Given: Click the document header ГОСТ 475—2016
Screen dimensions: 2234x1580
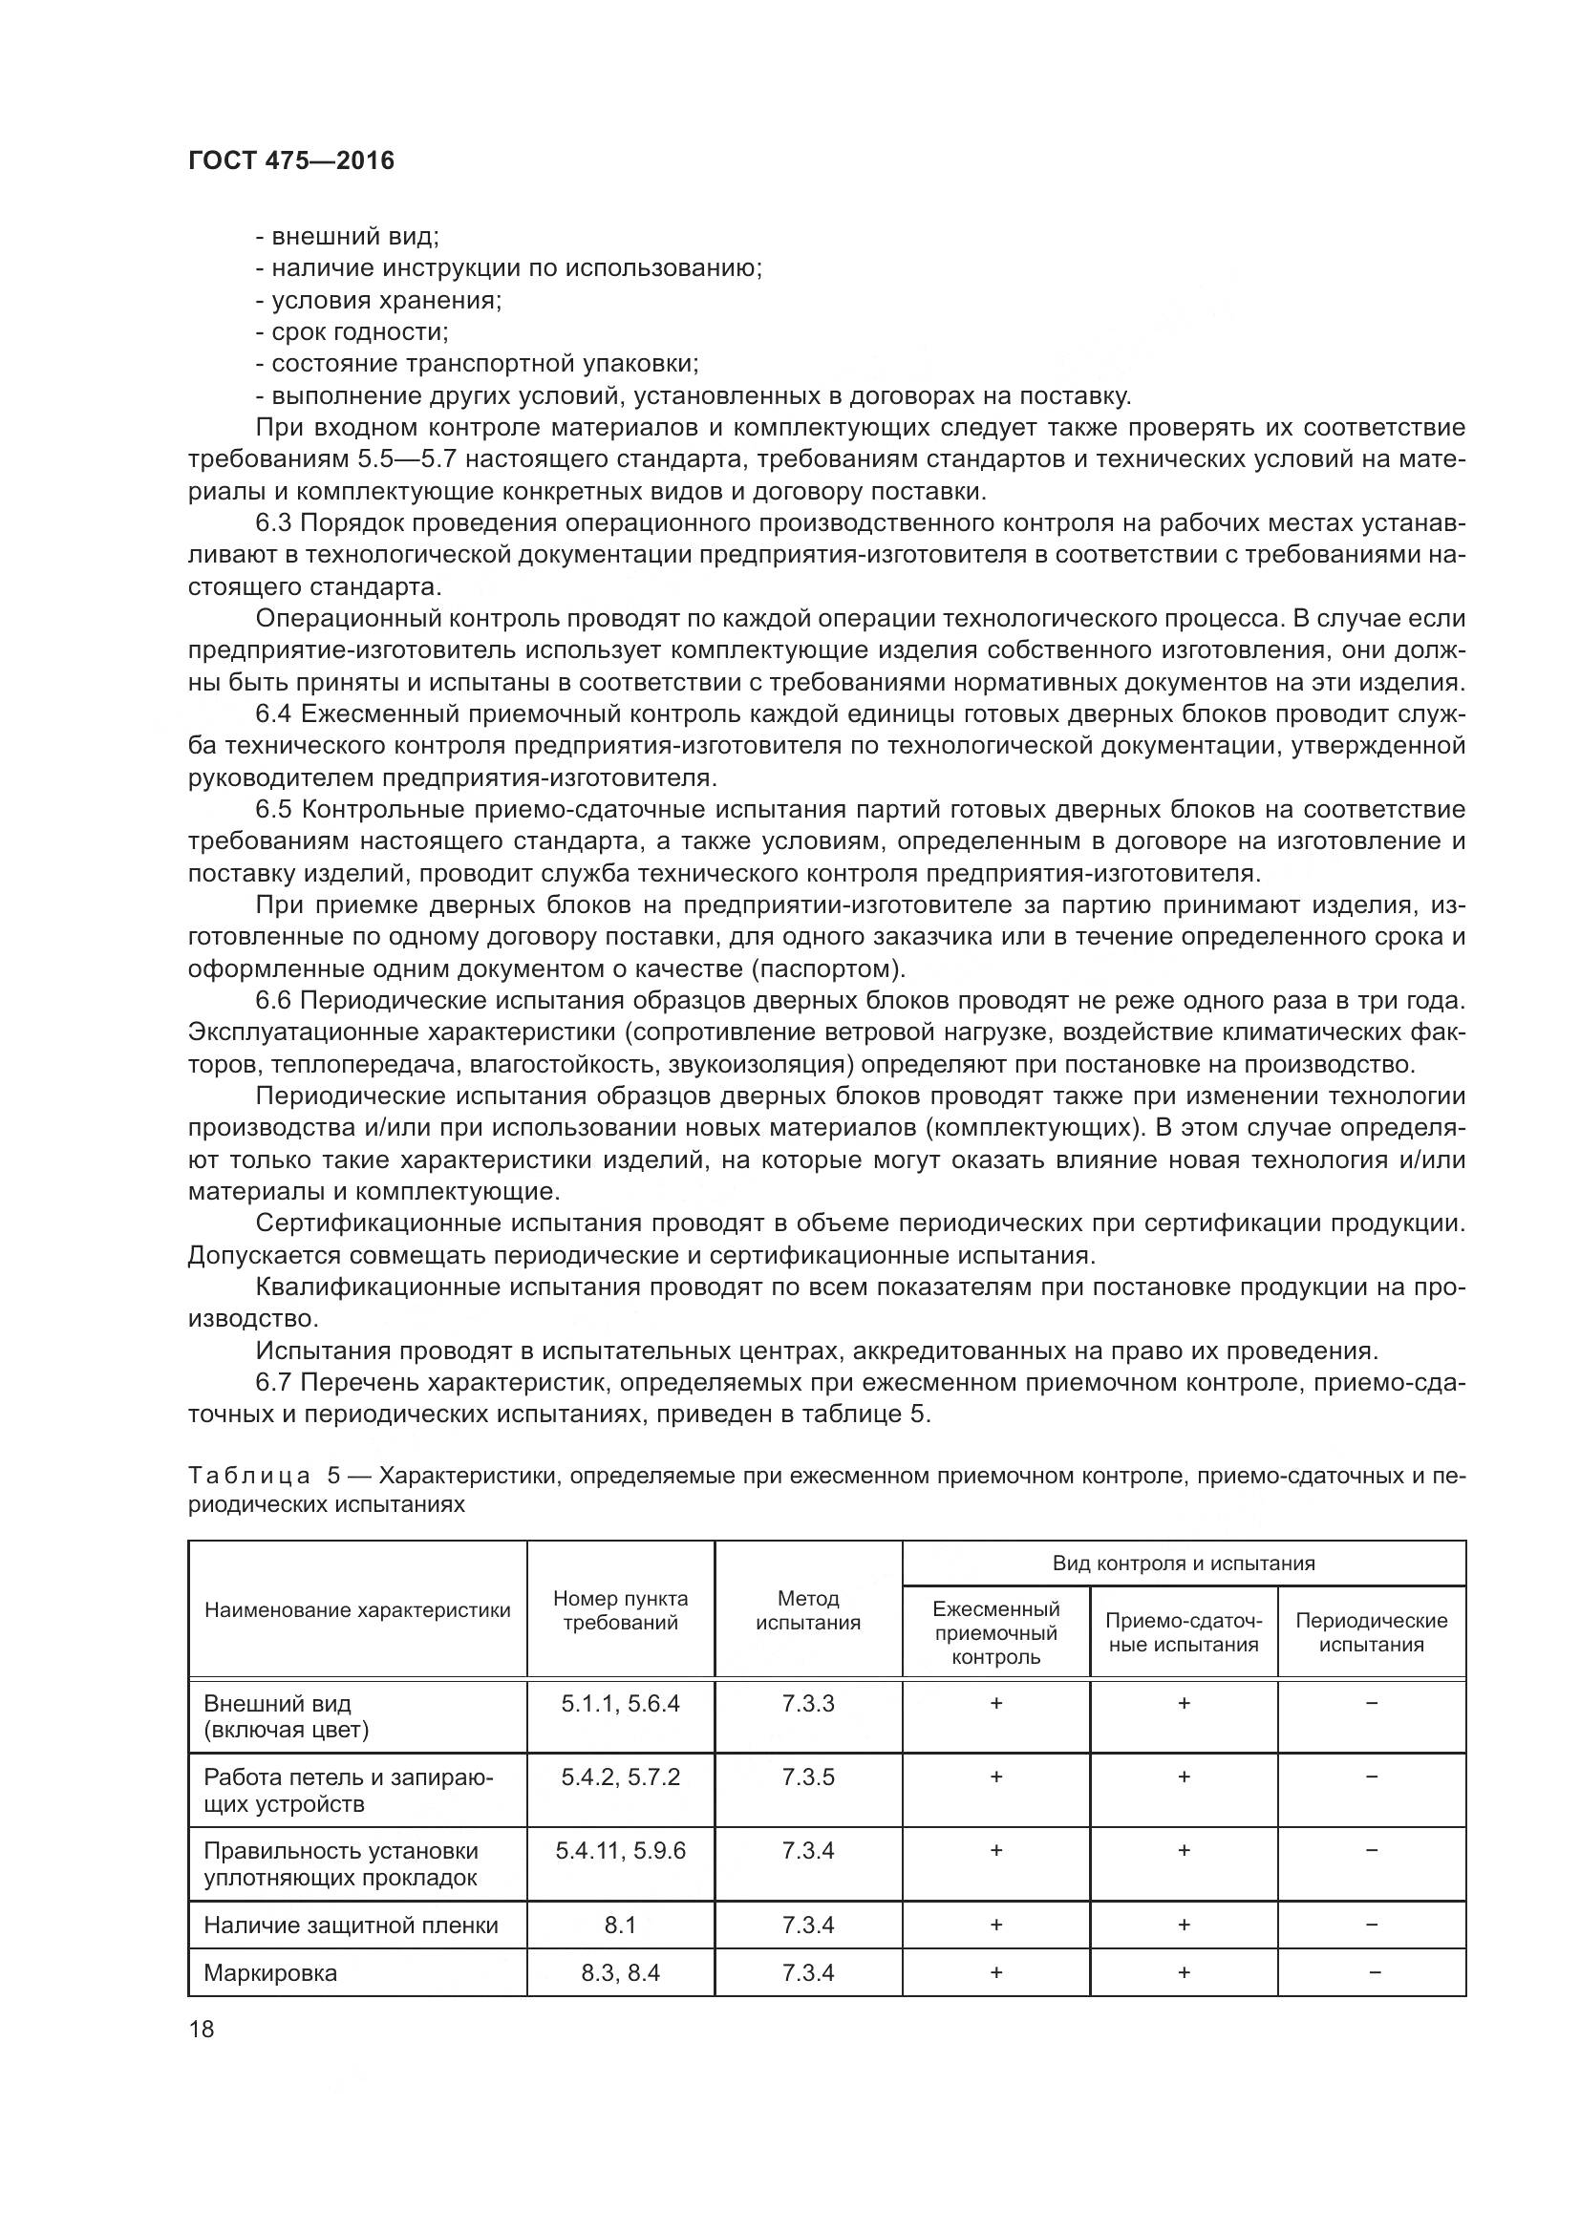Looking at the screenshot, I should [x=291, y=160].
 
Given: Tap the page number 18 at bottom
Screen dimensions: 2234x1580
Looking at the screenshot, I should [x=202, y=2029].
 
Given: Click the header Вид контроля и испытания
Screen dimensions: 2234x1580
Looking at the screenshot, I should [x=1183, y=1563].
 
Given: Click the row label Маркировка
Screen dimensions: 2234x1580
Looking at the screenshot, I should [x=270, y=1972].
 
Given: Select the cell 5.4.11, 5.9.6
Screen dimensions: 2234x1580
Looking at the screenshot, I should [x=620, y=1850].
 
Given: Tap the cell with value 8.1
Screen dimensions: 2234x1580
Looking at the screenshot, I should [x=620, y=1925].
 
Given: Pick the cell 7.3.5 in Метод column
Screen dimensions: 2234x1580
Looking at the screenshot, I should [x=807, y=1777].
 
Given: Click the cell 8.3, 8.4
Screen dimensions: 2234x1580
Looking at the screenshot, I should [x=620, y=1972].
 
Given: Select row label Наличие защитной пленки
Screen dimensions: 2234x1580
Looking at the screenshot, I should [x=351, y=1925].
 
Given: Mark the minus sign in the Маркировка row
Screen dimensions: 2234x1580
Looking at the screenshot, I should [x=1371, y=1972].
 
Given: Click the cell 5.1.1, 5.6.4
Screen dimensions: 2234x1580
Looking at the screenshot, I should [x=620, y=1703].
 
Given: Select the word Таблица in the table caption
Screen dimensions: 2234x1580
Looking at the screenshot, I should [x=249, y=1476].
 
